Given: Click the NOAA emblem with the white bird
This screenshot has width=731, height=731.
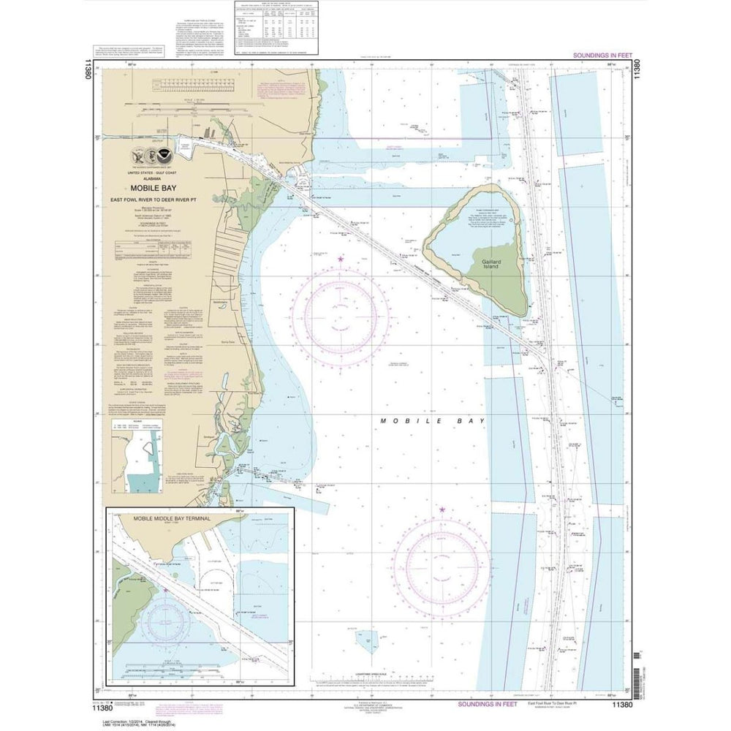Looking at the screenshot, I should coord(169,155).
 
